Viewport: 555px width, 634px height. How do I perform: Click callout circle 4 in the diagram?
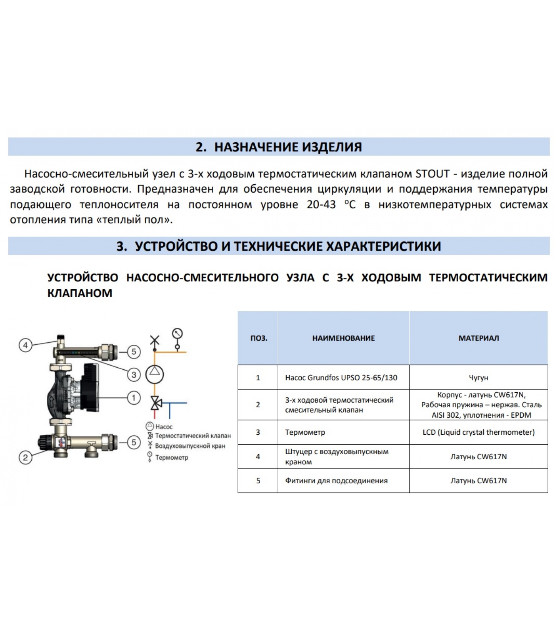pos(25,345)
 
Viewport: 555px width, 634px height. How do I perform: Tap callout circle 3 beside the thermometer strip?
pos(134,374)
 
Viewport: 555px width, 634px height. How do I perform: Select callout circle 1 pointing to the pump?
pos(134,398)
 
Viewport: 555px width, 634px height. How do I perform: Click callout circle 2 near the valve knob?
pos(25,458)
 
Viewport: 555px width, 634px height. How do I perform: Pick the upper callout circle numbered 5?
pos(134,351)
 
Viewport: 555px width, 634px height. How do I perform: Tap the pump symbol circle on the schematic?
pos(155,373)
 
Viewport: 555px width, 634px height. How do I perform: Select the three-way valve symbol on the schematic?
pos(155,403)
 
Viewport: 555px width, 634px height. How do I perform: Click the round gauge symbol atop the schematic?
pos(177,333)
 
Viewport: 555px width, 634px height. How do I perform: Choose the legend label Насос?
pos(164,427)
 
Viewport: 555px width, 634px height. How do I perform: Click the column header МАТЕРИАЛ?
pos(478,338)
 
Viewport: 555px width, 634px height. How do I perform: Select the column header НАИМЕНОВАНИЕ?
pos(343,338)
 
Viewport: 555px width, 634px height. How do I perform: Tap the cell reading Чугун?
pos(478,377)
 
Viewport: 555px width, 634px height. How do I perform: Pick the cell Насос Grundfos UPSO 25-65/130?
pos(341,377)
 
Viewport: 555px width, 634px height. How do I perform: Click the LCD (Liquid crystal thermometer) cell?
pos(478,432)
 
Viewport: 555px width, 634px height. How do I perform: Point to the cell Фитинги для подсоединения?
pos(336,481)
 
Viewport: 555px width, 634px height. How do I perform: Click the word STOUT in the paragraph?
pos(432,174)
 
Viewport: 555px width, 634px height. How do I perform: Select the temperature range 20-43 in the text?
pos(321,204)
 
